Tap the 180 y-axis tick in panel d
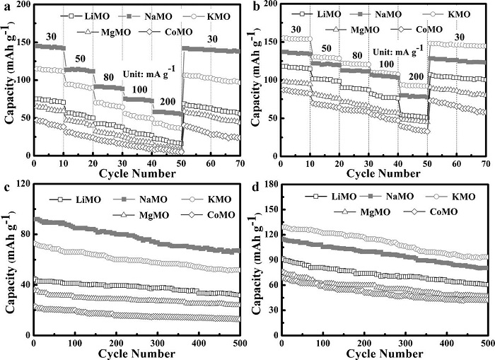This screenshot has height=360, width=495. point(267,185)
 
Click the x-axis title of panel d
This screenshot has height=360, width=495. point(385,353)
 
